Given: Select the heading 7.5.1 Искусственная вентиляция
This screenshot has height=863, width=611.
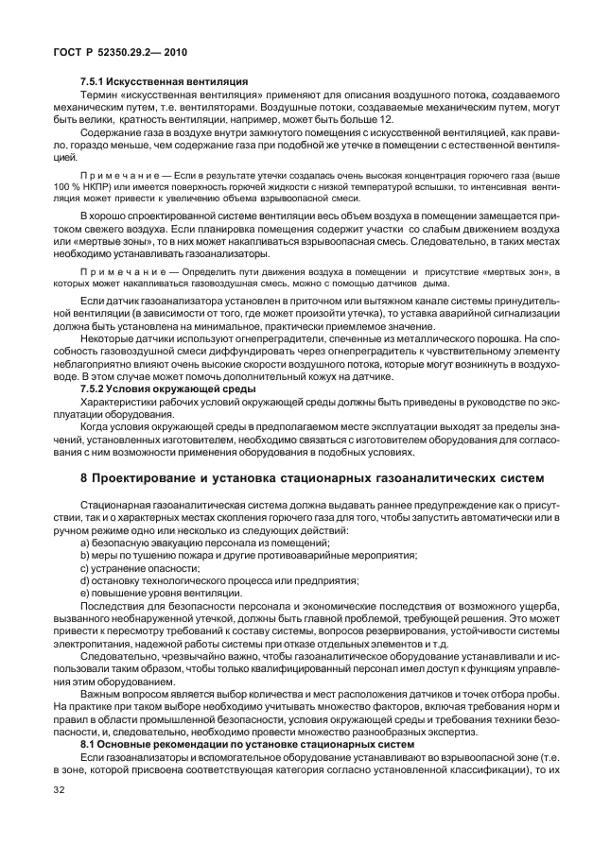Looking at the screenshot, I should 165,82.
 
